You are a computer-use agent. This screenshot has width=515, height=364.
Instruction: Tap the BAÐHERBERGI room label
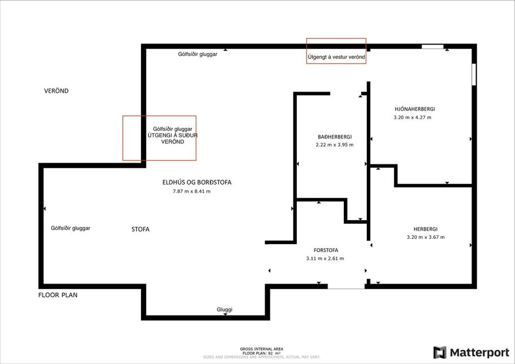pyautogui.click(x=335, y=136)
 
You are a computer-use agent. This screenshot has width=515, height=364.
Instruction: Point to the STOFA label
pyautogui.click(x=141, y=230)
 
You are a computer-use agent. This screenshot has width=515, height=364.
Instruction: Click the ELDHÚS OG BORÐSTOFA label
pyautogui.click(x=197, y=183)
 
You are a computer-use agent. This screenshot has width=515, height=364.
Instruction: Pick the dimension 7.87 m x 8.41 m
pyautogui.click(x=192, y=191)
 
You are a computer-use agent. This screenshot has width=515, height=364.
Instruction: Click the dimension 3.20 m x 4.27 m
pyautogui.click(x=412, y=117)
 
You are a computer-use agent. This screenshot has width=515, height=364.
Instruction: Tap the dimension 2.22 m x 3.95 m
pyautogui.click(x=335, y=144)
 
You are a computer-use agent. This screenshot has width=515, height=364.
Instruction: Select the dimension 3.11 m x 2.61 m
pyautogui.click(x=325, y=258)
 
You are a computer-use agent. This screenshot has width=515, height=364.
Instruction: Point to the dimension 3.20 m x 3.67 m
pyautogui.click(x=426, y=237)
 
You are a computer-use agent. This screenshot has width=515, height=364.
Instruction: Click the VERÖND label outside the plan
pyautogui.click(x=56, y=91)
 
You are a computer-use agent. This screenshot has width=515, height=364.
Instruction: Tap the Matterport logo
pyautogui.click(x=471, y=352)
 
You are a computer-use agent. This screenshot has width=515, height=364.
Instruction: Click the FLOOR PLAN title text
pyautogui.click(x=58, y=295)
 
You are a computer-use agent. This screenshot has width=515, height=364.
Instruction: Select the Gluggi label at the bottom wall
pyautogui.click(x=225, y=309)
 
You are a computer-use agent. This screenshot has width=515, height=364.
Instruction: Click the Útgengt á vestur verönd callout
pyautogui.click(x=336, y=57)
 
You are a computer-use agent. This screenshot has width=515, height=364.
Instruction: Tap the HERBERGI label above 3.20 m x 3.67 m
pyautogui.click(x=426, y=229)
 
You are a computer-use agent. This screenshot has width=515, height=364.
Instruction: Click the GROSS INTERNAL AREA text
pyautogui.click(x=257, y=349)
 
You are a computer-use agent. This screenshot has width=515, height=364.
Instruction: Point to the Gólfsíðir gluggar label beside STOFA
pyautogui.click(x=71, y=228)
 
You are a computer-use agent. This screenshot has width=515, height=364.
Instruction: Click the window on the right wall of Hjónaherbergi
pyautogui.click(x=474, y=75)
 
